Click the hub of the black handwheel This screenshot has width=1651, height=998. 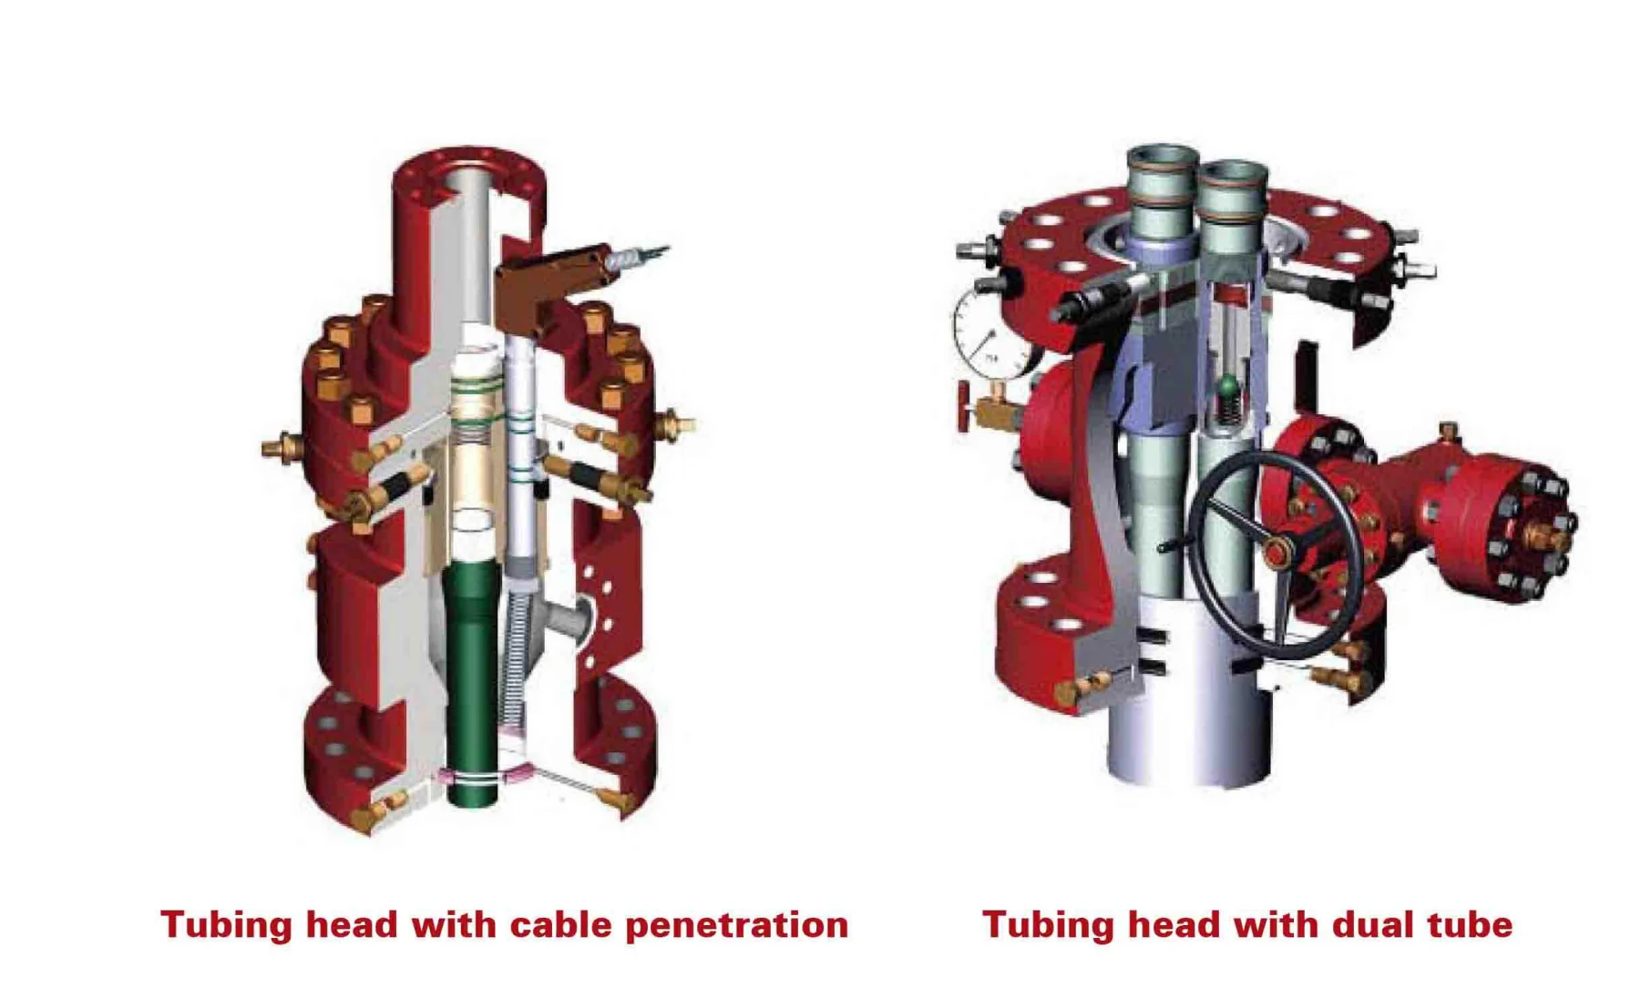(x=1276, y=552)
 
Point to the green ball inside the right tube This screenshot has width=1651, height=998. (x=1229, y=386)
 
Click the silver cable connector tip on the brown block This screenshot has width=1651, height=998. (x=638, y=256)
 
